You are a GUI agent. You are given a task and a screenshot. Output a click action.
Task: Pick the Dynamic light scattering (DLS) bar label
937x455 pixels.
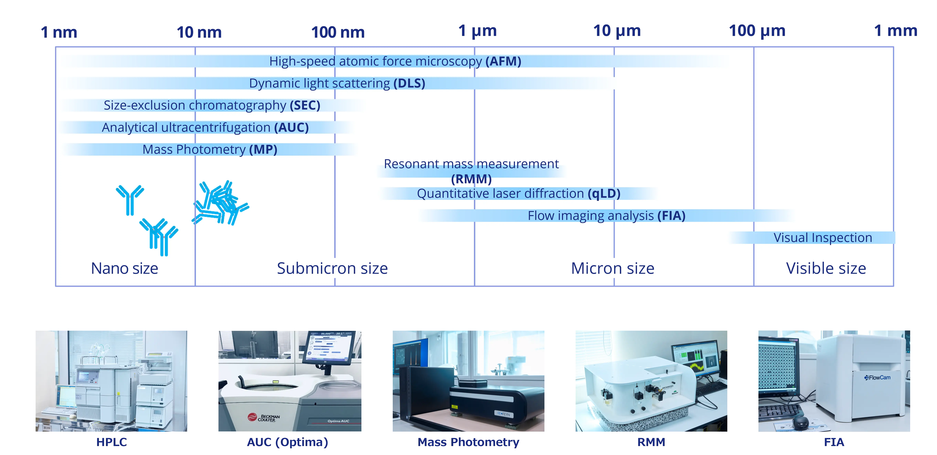click(337, 83)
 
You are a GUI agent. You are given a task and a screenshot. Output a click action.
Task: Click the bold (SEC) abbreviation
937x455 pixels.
click(305, 105)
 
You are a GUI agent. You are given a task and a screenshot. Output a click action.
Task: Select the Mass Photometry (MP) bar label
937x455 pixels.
click(210, 149)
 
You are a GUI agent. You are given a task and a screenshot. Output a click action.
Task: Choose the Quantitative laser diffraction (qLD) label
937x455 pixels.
click(518, 193)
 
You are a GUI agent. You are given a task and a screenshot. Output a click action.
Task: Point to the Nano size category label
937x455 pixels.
click(124, 268)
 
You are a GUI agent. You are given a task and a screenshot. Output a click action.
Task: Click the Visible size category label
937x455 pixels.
click(826, 268)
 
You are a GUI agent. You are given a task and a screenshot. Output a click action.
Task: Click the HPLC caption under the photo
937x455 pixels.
click(111, 442)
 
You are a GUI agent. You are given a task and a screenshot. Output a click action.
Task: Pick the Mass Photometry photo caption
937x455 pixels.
click(469, 442)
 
